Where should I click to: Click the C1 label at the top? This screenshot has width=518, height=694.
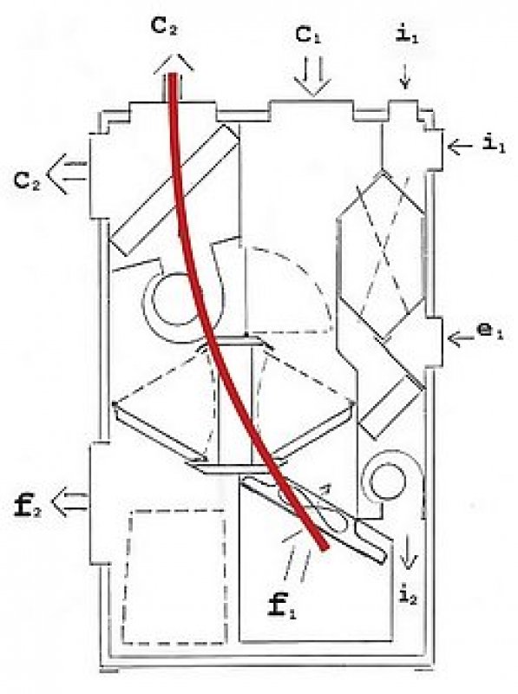point(308,36)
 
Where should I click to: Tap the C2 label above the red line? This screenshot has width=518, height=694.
point(165,28)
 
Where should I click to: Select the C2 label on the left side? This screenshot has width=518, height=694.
point(27,181)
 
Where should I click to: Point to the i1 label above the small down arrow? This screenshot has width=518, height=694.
point(407,36)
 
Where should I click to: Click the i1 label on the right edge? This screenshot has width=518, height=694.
point(494,144)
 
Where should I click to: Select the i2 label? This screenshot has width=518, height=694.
point(408,597)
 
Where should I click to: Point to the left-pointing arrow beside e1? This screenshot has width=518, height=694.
point(461,339)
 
